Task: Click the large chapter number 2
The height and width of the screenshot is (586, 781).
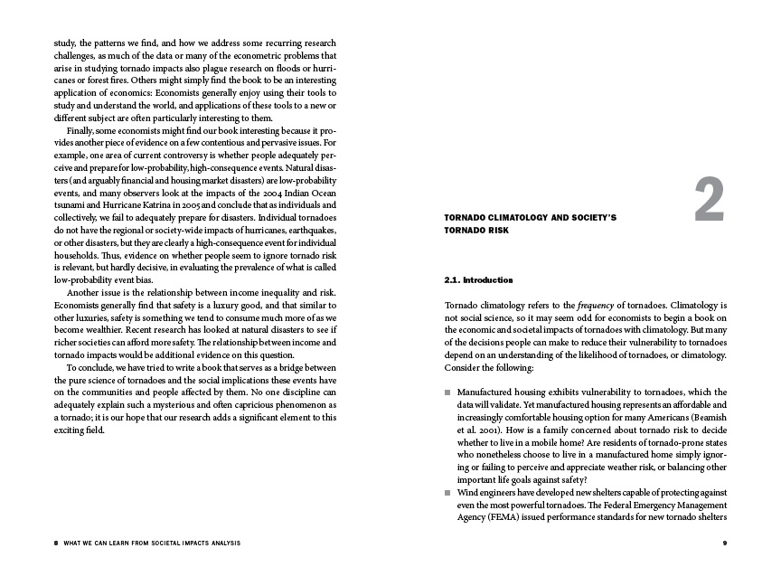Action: coord(710,201)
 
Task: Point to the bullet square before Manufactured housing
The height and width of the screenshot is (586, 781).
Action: coord(447,393)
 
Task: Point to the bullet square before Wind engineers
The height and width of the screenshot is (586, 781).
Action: coord(447,493)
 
